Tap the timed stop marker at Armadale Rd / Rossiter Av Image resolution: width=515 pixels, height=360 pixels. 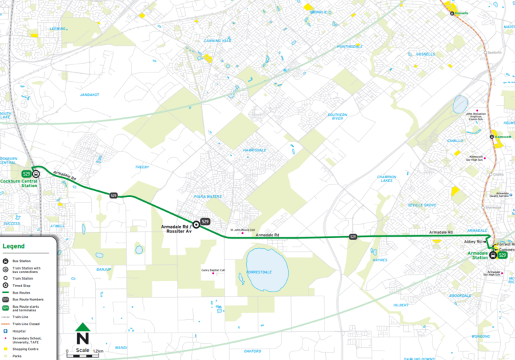pos(196,224)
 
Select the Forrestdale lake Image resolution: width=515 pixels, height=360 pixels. pos(267,268)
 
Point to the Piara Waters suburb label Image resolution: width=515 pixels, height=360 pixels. pos(208,196)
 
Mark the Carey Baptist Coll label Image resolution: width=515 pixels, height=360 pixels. pos(213,270)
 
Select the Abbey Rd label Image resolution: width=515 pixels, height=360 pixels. pos(474,241)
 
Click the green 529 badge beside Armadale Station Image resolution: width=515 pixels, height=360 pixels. pos(502,255)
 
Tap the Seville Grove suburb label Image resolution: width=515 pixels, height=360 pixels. pos(422,204)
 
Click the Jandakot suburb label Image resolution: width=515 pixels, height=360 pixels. pos(90,95)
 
